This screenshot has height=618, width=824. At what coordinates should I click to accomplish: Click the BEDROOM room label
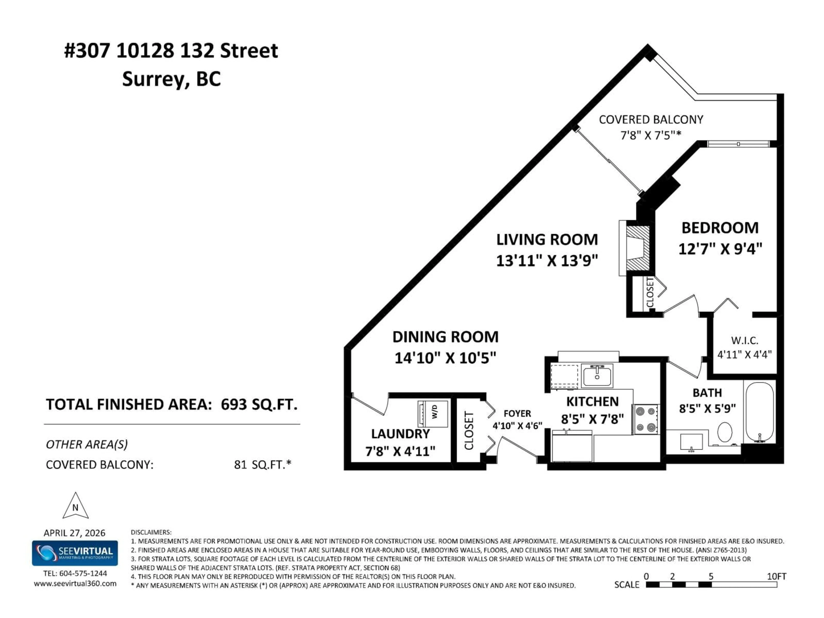tap(720, 228)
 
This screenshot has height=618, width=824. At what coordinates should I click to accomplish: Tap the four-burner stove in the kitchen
tap(645, 419)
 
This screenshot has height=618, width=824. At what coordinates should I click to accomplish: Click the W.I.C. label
tap(744, 341)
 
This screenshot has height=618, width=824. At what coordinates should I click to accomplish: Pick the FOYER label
tap(517, 414)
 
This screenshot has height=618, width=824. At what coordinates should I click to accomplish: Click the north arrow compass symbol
tap(76, 507)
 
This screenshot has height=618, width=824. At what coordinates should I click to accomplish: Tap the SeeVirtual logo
tap(75, 553)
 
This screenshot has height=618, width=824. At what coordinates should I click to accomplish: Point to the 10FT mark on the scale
tap(776, 576)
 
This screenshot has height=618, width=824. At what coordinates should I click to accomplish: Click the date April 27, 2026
tap(74, 533)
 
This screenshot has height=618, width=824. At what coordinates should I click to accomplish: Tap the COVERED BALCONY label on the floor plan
tap(651, 120)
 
